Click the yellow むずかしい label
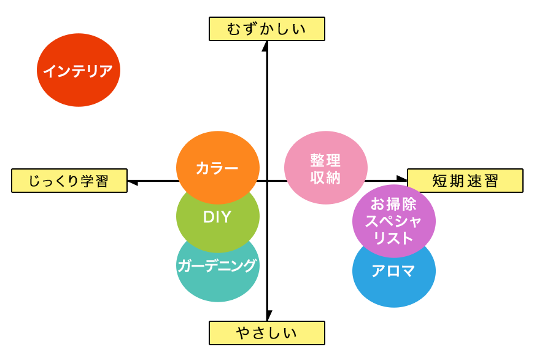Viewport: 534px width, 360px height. [266, 29]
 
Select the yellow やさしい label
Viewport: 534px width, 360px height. [266, 333]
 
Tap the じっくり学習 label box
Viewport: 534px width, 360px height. [68, 181]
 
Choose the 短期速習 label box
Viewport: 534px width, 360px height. [465, 181]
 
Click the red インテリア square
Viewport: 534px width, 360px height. [79, 70]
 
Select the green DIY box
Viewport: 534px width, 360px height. [216, 217]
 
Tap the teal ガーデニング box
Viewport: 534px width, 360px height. [216, 270]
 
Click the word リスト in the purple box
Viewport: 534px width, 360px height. [393, 239]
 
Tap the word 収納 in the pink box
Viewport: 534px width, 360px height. [325, 178]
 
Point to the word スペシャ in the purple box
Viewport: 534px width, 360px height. [393, 221]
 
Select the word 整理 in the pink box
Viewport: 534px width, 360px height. [325, 160]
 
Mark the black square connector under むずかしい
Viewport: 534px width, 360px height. [265, 47]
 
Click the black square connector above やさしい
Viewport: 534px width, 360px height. [269, 314]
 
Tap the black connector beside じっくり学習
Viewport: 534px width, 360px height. [133, 182]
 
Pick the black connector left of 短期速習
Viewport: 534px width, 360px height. [401, 178]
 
